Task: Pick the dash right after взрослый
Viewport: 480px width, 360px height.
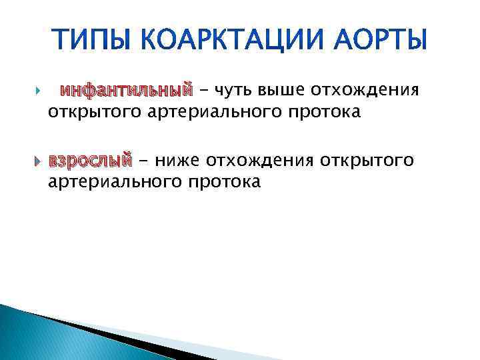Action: pyautogui.click(x=143, y=160)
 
